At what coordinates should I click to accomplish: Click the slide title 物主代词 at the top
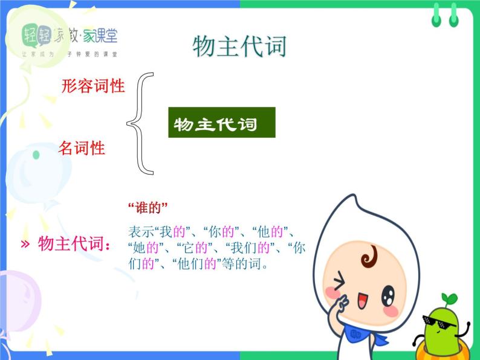pos(239,47)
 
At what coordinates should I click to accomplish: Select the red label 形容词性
pos(93,86)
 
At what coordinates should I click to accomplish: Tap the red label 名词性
pos(82,148)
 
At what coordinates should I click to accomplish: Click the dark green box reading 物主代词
pos(221,123)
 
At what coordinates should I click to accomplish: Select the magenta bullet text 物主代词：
pos(74,245)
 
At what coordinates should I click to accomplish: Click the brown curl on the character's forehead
pos(368,258)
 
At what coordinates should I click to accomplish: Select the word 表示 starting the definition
pos(140,231)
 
